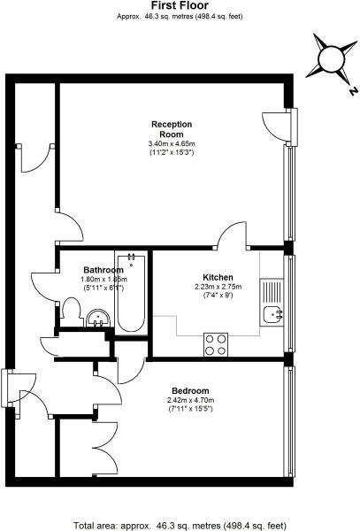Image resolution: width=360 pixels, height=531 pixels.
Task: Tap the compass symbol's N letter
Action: pos(352,90)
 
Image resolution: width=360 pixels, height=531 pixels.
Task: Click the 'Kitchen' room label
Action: pos(218,276)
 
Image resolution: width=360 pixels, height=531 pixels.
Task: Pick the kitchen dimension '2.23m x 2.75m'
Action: pos(218,287)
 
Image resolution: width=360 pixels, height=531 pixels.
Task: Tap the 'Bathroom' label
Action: pos(103,270)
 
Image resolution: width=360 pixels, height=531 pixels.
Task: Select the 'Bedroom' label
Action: pos(190,390)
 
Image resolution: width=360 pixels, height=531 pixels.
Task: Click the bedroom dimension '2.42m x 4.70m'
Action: pos(190,401)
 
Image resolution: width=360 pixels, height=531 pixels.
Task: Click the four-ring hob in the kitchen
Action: pos(216,342)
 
